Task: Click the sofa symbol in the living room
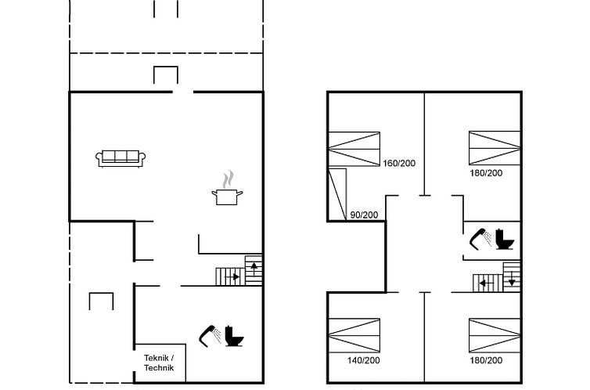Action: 121,158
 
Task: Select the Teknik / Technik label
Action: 159,363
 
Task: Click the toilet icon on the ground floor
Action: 234,336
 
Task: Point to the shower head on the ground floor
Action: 210,334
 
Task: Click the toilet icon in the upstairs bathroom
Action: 505,239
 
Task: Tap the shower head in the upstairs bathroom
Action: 480,239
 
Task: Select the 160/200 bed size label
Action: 399,164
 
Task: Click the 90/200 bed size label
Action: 364,215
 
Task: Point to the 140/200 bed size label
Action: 363,361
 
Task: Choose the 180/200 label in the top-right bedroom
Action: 486,173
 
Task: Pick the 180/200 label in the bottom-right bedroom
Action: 486,361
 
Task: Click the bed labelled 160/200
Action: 354,149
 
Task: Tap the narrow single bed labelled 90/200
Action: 337,194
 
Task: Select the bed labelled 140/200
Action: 354,336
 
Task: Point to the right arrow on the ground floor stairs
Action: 232,277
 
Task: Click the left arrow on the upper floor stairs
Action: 487,283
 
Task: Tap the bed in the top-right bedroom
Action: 495,148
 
